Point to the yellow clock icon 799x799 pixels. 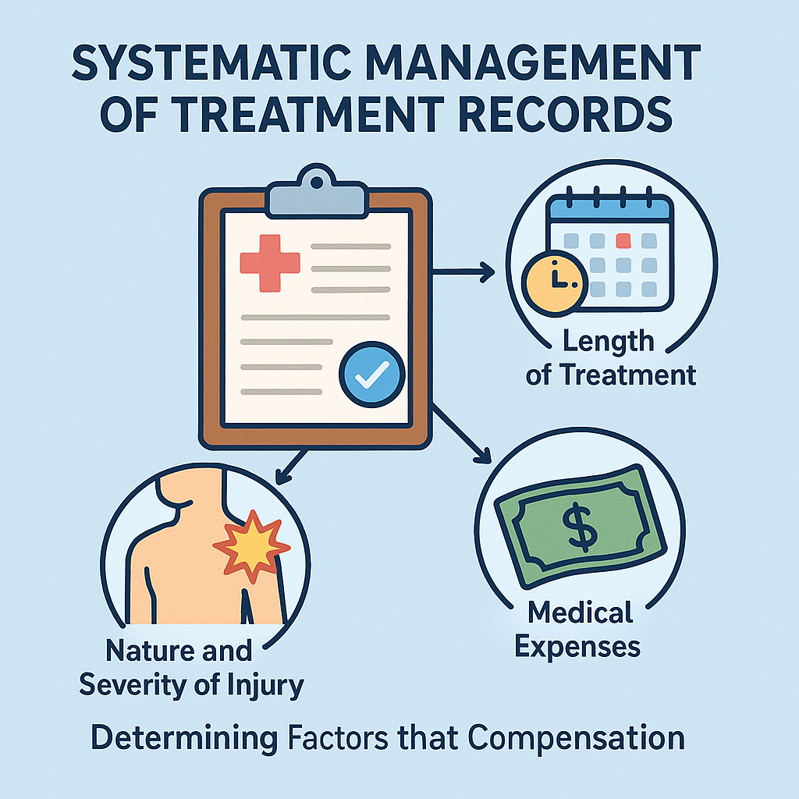(x=555, y=279)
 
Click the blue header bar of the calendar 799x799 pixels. (x=609, y=207)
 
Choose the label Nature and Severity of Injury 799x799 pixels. (x=191, y=667)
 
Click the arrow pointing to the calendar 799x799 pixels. (x=463, y=272)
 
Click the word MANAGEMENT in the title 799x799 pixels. (x=527, y=65)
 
